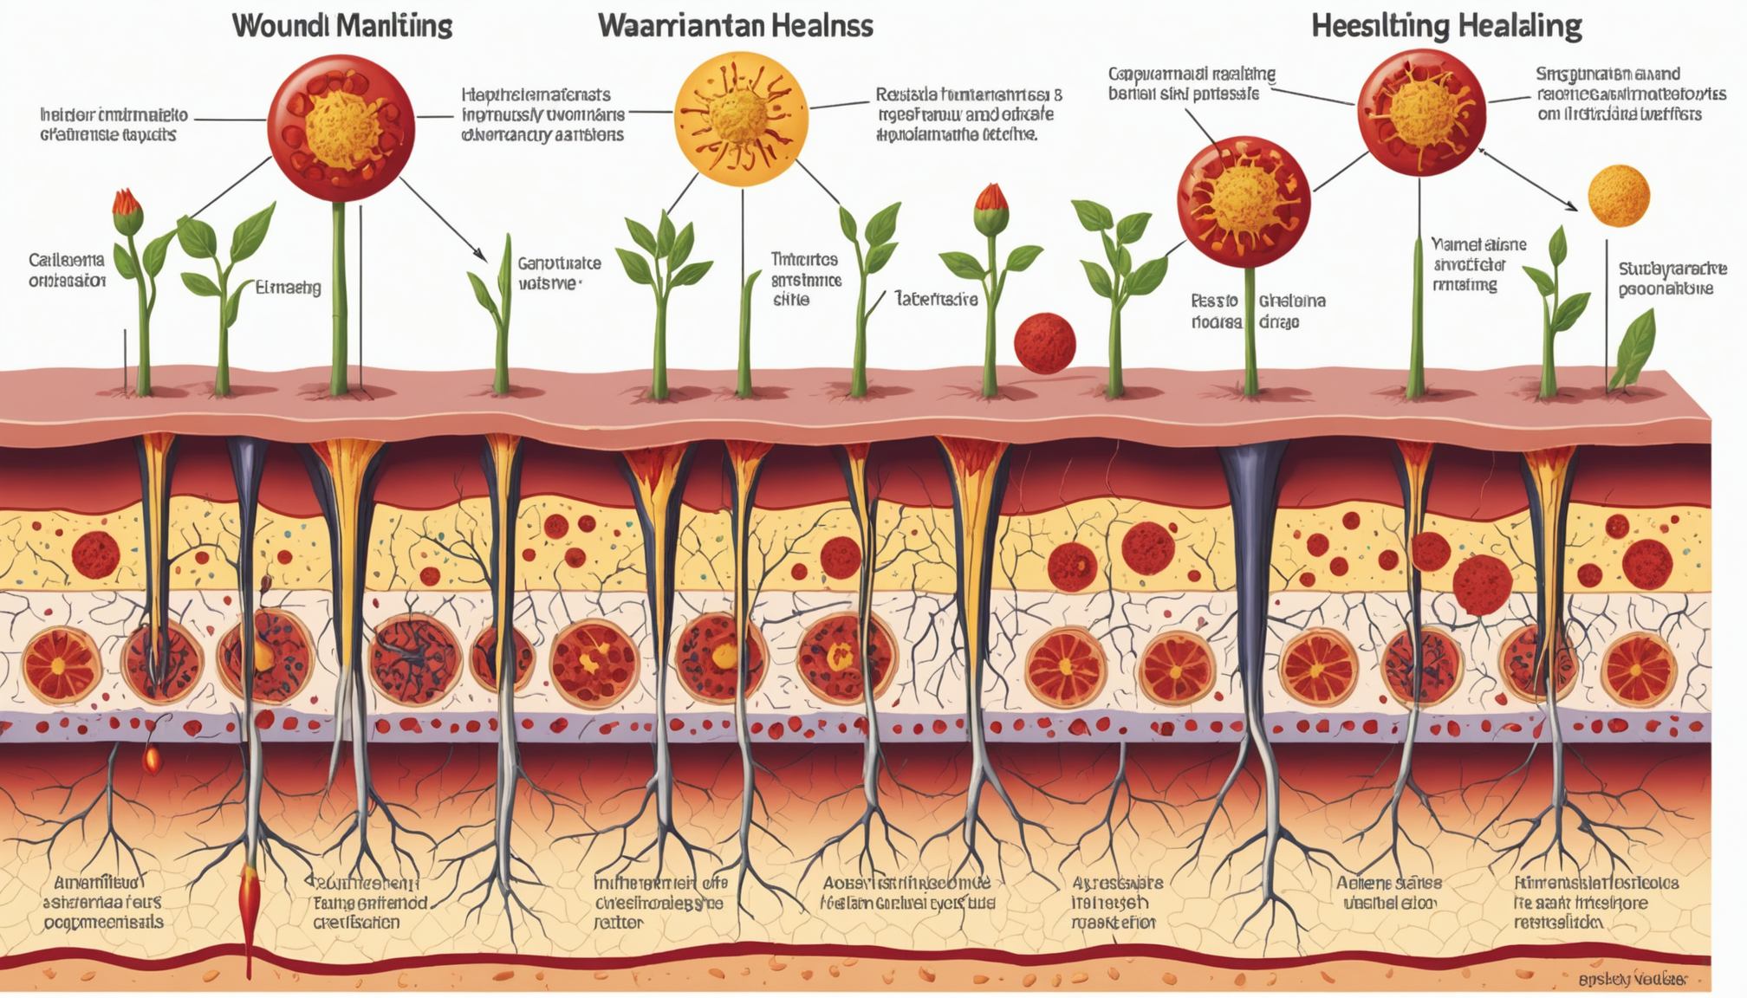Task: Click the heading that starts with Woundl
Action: (341, 26)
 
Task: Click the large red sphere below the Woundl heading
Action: (341, 128)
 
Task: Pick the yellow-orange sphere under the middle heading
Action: (741, 119)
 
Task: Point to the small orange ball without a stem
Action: (1618, 196)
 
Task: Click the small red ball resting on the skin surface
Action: (1044, 344)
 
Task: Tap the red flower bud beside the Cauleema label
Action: (127, 204)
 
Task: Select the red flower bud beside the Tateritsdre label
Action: (991, 200)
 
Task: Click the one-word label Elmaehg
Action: (288, 288)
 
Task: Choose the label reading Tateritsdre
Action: (936, 299)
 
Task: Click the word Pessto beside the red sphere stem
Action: (1214, 301)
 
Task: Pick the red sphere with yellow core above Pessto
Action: (1243, 201)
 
